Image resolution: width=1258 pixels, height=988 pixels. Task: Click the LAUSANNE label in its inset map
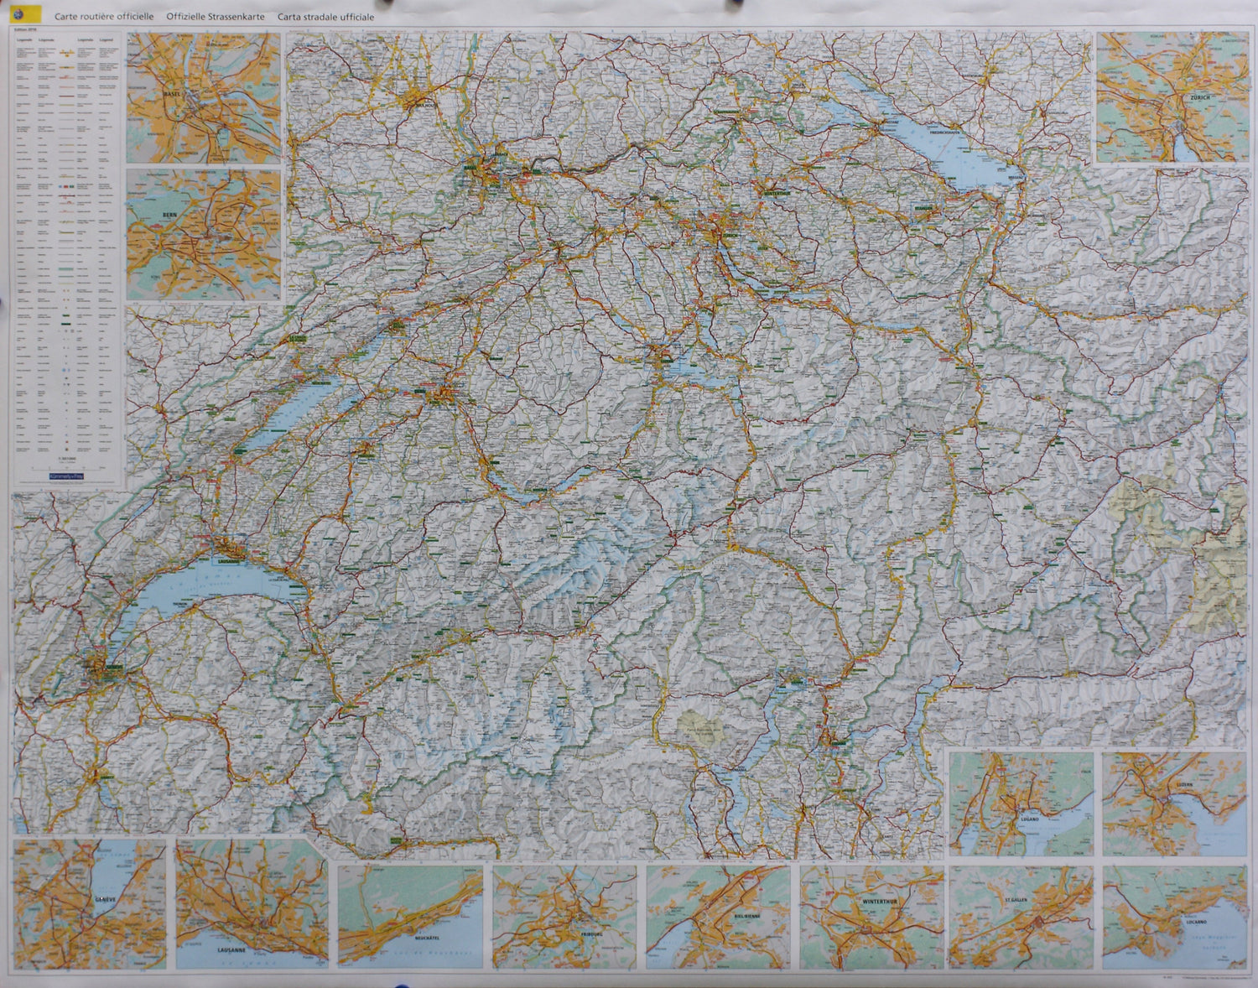231,950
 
